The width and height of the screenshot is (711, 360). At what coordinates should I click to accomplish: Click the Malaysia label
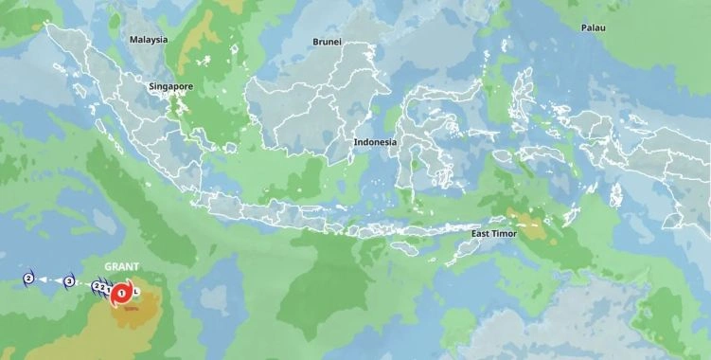(x=149, y=40)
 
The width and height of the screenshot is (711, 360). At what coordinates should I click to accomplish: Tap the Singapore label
(x=170, y=86)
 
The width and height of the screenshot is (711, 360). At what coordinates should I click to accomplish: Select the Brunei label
(x=328, y=42)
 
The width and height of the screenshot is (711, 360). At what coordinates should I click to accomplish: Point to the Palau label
(x=594, y=28)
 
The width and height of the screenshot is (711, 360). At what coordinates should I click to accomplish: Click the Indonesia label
(x=376, y=142)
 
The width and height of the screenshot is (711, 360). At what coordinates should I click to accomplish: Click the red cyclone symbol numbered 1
(x=122, y=295)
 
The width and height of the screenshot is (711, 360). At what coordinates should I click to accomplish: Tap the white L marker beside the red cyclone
(x=137, y=291)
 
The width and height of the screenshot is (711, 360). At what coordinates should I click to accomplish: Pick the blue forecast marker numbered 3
(x=69, y=281)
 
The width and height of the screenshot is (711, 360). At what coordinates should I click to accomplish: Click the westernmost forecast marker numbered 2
(x=28, y=279)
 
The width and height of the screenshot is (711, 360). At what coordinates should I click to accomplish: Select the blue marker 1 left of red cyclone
(x=108, y=289)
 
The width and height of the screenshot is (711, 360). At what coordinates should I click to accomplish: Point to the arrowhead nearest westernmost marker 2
(x=44, y=279)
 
